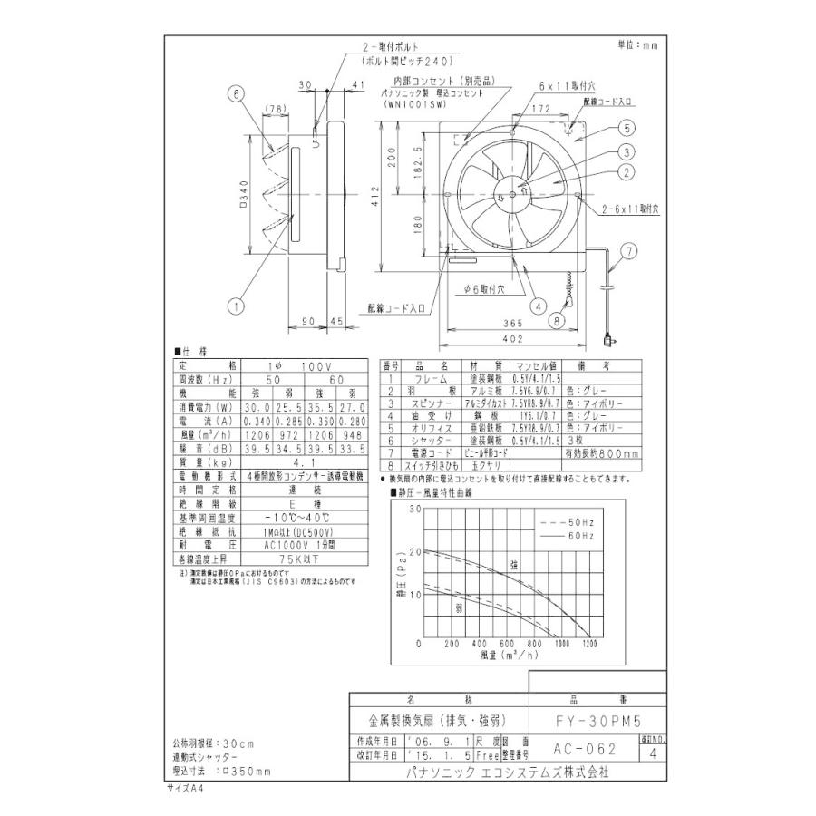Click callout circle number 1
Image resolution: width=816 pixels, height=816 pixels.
pyautogui.click(x=235, y=306)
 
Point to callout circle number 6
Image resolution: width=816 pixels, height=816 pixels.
pyautogui.click(x=234, y=93)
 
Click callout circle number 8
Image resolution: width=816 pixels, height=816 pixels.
pyautogui.click(x=558, y=319)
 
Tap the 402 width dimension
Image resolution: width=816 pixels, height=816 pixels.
pyautogui.click(x=512, y=339)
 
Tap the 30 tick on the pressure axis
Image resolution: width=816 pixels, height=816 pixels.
pyautogui.click(x=416, y=510)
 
